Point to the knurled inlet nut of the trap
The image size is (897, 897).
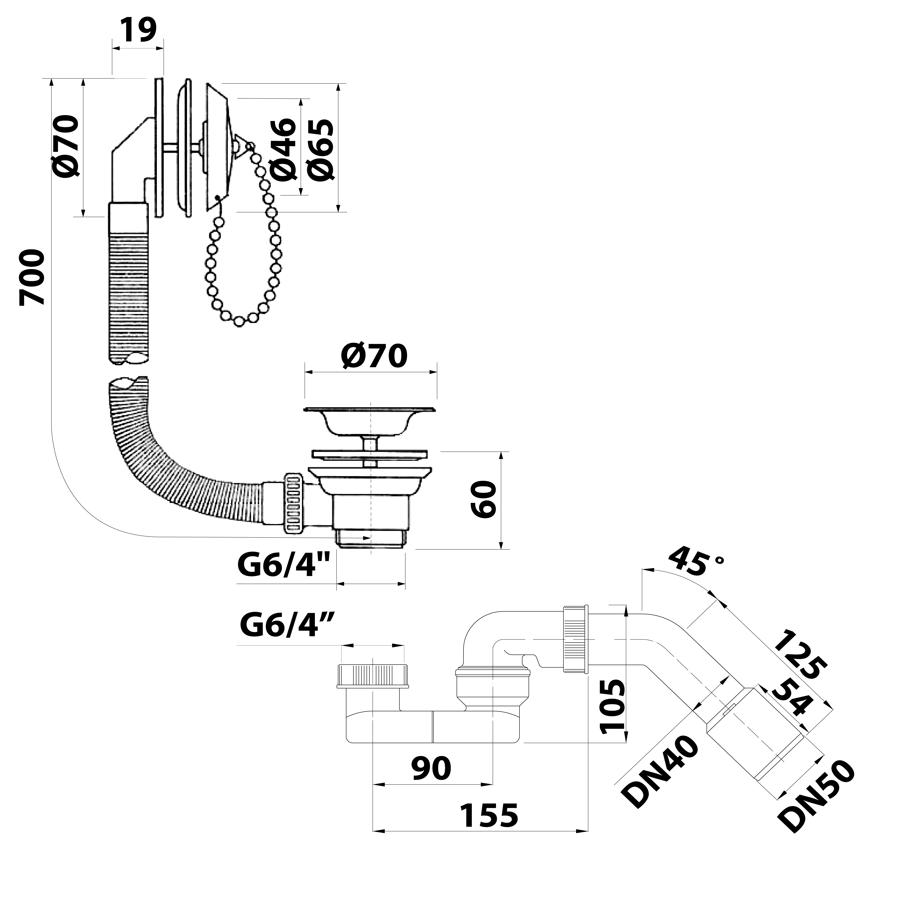coord(374,676)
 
